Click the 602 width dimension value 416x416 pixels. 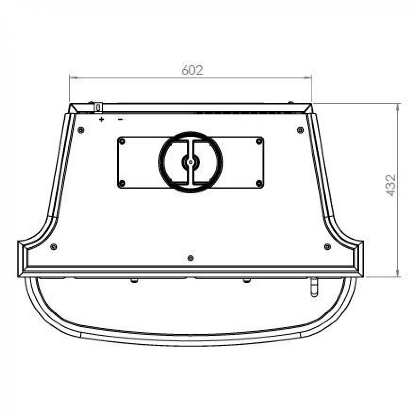pyautogui.click(x=192, y=70)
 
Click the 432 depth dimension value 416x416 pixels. pyautogui.click(x=391, y=185)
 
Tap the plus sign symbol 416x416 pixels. pyautogui.click(x=101, y=119)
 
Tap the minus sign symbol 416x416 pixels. pyautogui.click(x=120, y=119)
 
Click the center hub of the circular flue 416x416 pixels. pyautogui.click(x=190, y=162)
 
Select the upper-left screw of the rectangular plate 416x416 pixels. pyautogui.click(x=122, y=142)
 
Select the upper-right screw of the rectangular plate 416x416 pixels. pyautogui.click(x=259, y=142)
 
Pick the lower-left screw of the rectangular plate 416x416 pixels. pyautogui.click(x=122, y=183)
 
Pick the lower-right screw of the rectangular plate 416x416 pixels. pyautogui.click(x=259, y=183)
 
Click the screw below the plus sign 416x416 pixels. pyautogui.click(x=81, y=130)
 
